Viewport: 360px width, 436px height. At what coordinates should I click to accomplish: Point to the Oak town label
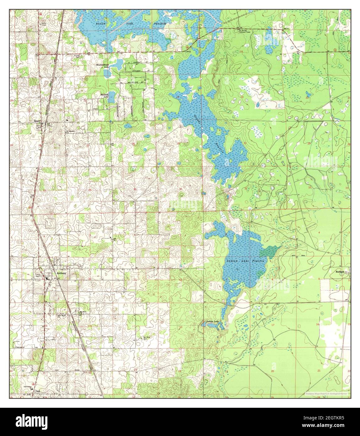38,391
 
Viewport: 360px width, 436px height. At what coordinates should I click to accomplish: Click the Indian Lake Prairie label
246,261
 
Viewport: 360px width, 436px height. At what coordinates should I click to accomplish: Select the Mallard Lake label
104,95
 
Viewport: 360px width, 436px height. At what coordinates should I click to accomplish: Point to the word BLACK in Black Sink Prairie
101,24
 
